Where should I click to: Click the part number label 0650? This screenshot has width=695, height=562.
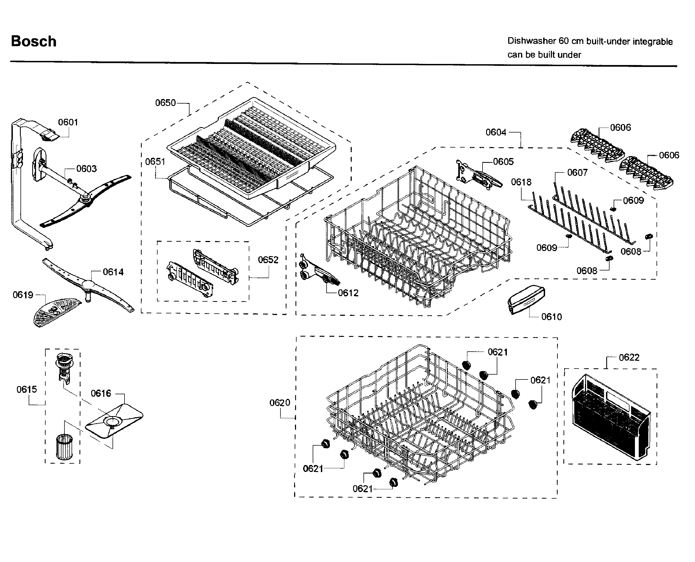point(165,103)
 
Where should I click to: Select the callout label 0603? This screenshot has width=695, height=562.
point(86,169)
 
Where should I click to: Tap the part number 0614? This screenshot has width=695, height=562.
point(113,272)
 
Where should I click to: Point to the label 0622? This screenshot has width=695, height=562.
point(629,357)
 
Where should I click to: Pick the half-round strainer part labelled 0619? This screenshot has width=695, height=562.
point(56,311)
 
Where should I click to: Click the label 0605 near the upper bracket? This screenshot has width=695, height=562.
point(503,161)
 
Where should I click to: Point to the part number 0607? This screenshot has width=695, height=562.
point(577,173)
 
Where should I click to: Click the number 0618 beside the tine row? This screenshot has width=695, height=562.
point(521,182)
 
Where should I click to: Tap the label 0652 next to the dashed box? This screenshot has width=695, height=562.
point(268,260)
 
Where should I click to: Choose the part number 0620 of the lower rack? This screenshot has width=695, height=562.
point(280,403)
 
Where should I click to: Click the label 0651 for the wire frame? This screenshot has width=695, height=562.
point(155,161)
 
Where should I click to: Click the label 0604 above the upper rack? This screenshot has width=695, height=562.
point(496,133)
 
